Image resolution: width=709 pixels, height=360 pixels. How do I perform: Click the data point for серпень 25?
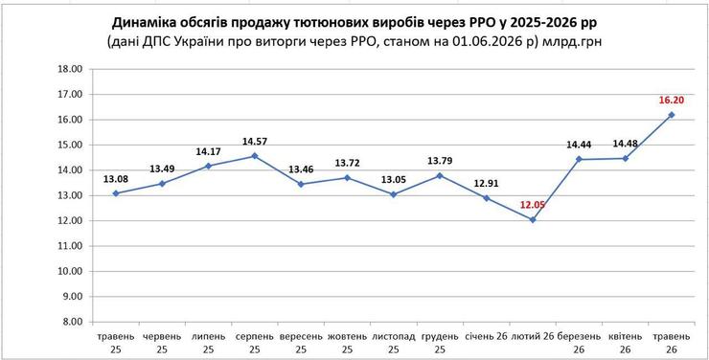coord(255,156)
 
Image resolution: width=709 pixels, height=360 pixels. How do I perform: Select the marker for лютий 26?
coord(533,219)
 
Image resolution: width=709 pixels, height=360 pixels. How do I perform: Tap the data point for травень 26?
coord(672,115)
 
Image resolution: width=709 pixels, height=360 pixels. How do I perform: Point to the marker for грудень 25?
coord(440,175)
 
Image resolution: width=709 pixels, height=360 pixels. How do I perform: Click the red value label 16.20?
coord(671,100)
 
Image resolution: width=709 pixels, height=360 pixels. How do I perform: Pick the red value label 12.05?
coord(532,205)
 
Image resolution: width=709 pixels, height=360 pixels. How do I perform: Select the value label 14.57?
coord(255,141)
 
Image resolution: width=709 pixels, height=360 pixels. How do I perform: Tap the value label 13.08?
coord(116,179)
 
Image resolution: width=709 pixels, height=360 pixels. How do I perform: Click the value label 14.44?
coord(579,145)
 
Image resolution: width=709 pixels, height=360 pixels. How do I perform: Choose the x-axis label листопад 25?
coord(394,343)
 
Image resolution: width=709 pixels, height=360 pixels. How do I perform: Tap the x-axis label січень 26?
coord(486,337)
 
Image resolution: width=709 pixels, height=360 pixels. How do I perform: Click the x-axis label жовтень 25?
coord(347,343)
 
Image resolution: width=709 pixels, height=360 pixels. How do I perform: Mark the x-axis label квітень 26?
coord(625,343)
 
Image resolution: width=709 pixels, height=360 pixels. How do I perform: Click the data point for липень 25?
coord(209,166)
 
